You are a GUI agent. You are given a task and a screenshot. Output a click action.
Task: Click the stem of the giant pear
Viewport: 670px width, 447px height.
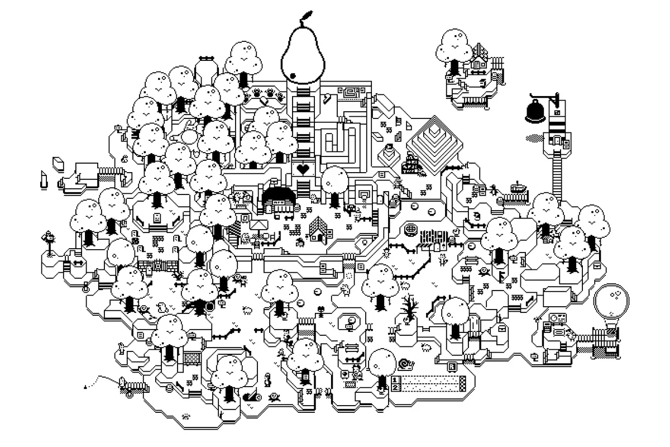click(x=304, y=16)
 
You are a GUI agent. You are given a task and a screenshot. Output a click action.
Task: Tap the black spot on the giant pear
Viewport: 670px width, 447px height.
click(x=292, y=75)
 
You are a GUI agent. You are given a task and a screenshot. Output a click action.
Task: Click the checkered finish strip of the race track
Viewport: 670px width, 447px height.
click(x=462, y=383)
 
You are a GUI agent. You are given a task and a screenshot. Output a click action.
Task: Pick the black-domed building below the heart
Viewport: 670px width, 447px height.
click(x=279, y=197)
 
